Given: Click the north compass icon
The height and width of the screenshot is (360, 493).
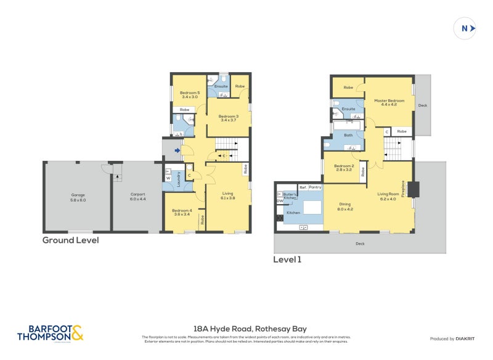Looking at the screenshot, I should point(465,28).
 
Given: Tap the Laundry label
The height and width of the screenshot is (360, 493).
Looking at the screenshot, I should point(179,179).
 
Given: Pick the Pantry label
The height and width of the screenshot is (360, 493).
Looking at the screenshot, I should point(315,187).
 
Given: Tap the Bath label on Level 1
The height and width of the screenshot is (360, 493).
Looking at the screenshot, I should point(348,135).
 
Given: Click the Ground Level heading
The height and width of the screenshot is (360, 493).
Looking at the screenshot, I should point(70,240).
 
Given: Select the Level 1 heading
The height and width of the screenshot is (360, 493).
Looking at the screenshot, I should point(287,260).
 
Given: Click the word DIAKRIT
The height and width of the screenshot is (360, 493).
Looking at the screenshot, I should point(463,339).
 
